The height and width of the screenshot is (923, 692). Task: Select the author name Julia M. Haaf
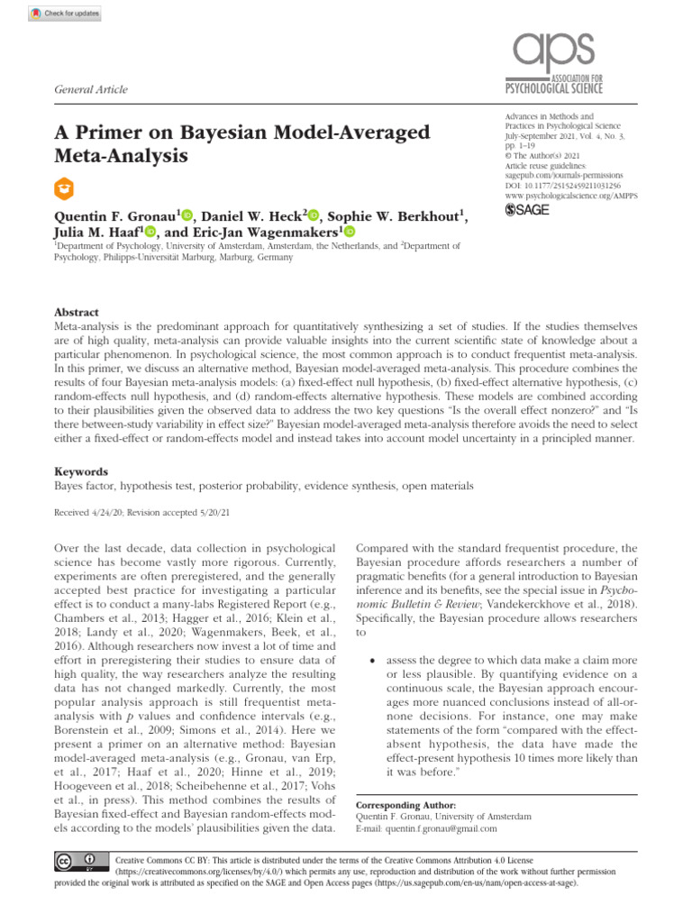[104, 232]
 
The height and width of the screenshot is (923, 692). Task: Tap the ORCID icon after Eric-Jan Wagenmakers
[349, 232]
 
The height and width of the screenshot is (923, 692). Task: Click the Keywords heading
[82, 471]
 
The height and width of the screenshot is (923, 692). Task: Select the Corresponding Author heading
[406, 804]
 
